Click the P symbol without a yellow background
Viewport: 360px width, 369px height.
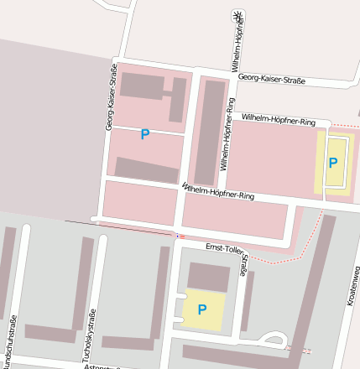[x=145, y=134]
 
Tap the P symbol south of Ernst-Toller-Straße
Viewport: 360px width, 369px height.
[x=202, y=309]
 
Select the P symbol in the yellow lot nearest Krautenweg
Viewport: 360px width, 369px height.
[x=333, y=163]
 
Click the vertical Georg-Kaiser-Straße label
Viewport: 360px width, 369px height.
[x=110, y=96]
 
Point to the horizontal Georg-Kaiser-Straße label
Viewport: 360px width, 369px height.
[x=271, y=81]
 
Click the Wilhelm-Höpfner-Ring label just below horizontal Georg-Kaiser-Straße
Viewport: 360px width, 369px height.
[x=278, y=121]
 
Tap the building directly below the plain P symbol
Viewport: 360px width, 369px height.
[x=147, y=170]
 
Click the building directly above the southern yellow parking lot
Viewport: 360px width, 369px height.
[x=208, y=277]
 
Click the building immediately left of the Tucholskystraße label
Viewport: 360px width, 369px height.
[x=82, y=285]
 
